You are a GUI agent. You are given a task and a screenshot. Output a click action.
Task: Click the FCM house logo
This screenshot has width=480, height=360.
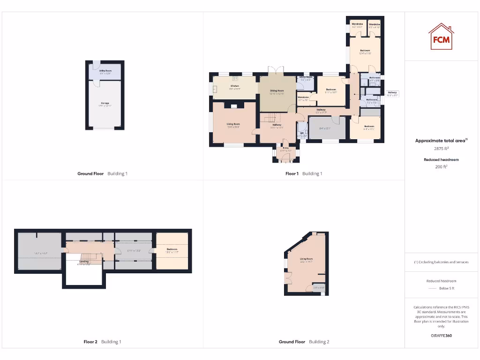(441, 37)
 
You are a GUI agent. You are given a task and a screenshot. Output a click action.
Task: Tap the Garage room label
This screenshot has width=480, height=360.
(105, 103)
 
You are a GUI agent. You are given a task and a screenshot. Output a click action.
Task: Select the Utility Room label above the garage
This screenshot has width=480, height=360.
(105, 71)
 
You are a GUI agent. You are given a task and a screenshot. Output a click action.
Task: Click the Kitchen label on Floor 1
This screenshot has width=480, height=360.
(235, 86)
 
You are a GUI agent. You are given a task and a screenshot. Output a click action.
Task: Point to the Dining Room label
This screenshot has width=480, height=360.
(277, 91)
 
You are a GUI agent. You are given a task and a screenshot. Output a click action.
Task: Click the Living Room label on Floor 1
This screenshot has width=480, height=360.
(233, 124)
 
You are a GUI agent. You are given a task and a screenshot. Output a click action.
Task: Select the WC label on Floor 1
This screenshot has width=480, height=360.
(302, 133)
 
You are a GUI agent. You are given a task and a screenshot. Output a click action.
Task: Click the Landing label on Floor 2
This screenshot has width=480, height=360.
(84, 262)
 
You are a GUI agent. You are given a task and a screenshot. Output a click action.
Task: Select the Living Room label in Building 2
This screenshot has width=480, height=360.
(307, 259)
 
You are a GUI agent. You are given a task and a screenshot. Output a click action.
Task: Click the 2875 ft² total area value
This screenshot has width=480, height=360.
(441, 149)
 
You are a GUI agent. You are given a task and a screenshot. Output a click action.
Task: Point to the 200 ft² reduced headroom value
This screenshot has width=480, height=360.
(441, 166)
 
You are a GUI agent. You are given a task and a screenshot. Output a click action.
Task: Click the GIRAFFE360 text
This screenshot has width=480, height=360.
(441, 336)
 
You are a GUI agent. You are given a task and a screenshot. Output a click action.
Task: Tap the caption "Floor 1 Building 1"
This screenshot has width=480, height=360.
(304, 173)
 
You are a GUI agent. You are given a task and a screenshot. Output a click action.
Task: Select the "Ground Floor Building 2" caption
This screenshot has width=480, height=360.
(304, 342)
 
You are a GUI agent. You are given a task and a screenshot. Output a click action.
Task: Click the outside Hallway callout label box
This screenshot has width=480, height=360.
(392, 94)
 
